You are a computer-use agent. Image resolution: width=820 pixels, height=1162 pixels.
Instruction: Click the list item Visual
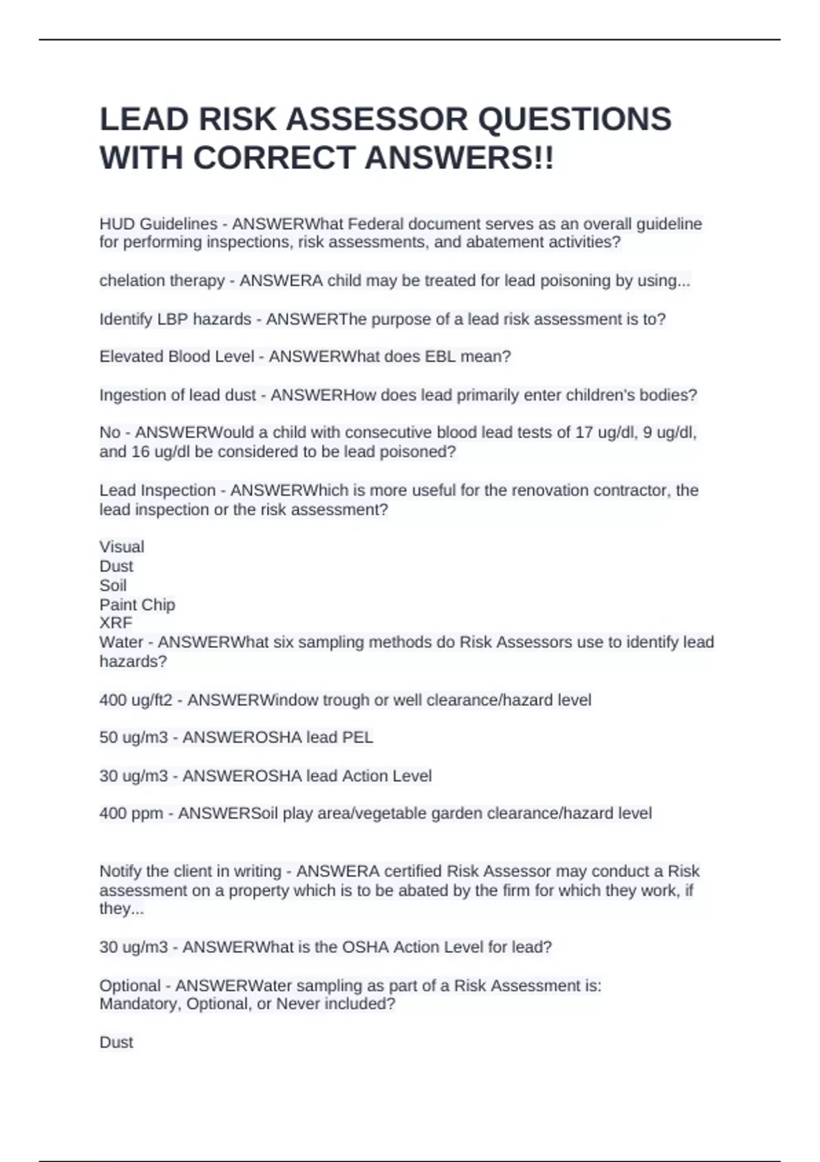pyautogui.click(x=122, y=547)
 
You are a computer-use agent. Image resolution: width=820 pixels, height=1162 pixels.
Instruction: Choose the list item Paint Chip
pyautogui.click(x=137, y=605)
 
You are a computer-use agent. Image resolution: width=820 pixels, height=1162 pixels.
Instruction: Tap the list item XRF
pyautogui.click(x=115, y=623)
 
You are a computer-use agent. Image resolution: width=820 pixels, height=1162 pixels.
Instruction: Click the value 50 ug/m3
pyautogui.click(x=133, y=738)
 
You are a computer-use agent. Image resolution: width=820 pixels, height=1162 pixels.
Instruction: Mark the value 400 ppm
pyautogui.click(x=131, y=813)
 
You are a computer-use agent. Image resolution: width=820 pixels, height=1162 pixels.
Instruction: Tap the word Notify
pyautogui.click(x=120, y=871)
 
